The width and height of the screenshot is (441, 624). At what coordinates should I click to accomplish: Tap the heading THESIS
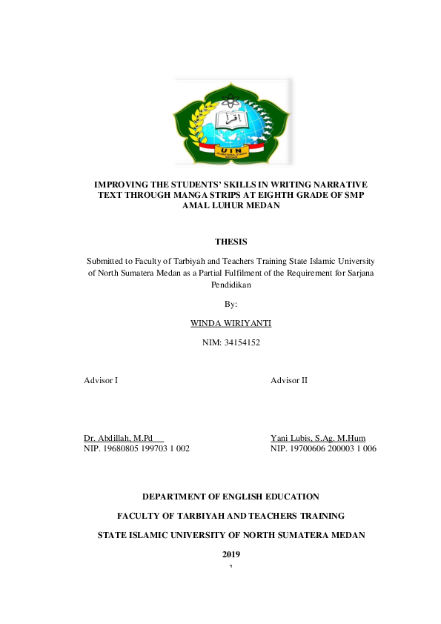[x=231, y=242]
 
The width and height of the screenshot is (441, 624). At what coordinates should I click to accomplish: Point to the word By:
[x=231, y=304]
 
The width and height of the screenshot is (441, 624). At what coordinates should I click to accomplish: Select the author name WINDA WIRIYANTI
[x=231, y=323]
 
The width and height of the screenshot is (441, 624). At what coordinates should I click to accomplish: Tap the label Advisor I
[x=101, y=380]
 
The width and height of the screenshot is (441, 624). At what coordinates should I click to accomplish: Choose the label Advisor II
[x=289, y=380]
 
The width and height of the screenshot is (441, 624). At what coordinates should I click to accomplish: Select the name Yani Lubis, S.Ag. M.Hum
[x=318, y=438]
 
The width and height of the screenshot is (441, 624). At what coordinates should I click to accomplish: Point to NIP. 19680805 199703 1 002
[x=137, y=448]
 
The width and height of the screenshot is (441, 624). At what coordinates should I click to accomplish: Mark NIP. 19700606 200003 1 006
[x=324, y=448]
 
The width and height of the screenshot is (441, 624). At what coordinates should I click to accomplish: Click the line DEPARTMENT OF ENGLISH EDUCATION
[x=231, y=497]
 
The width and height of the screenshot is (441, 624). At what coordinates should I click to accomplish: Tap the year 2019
[x=231, y=554]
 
